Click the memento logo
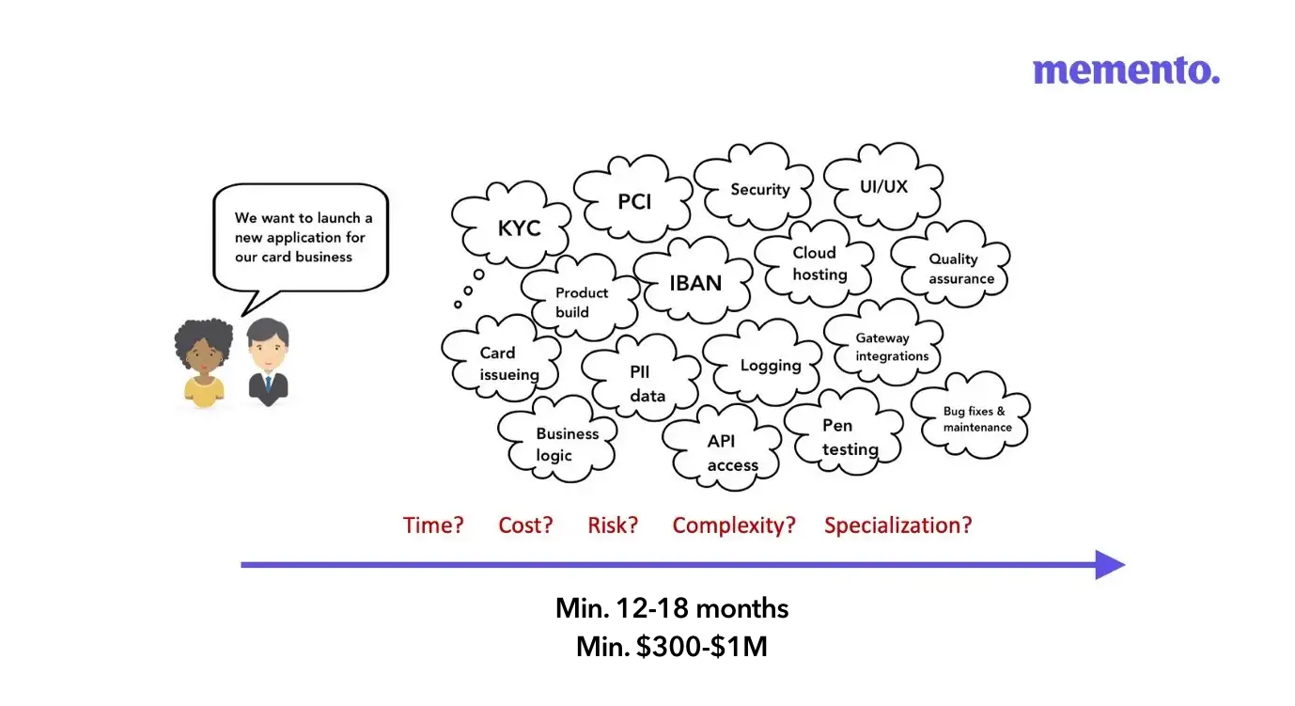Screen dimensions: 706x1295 pos(1126,71)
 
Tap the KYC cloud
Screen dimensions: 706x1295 pos(518,228)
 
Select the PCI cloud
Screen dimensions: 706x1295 pos(633,201)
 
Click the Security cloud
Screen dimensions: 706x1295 pos(759,189)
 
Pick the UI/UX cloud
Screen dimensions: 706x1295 pos(883,186)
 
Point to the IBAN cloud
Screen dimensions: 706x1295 pos(695,282)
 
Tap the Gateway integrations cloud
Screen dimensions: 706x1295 pos(890,347)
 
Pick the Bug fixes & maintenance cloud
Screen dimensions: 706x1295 pos(976,419)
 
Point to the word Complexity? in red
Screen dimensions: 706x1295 pos(734,525)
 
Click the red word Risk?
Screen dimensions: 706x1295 pos(613,525)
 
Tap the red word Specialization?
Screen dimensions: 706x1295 pos(897,525)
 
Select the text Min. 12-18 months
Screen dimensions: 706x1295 pos(672,608)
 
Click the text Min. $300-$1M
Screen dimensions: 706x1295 pos(672,647)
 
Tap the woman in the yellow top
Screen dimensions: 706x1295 pos(203,362)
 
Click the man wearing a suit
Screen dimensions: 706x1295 pos(268,362)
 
